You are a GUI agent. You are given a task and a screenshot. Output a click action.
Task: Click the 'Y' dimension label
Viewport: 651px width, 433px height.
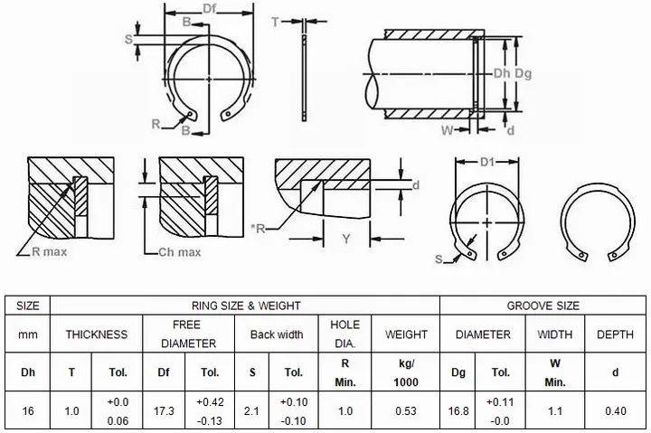pos(345,239)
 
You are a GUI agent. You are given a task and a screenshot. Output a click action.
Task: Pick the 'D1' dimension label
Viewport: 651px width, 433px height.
pos(488,163)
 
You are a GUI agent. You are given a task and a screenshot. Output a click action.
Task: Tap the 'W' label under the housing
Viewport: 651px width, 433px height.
pos(447,130)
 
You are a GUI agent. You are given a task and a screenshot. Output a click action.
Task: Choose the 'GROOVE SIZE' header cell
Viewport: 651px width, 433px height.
pos(542,306)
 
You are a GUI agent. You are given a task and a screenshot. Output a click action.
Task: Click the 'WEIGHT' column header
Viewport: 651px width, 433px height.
pos(407,334)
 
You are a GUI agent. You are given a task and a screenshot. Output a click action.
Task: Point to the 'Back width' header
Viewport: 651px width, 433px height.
pos(277,334)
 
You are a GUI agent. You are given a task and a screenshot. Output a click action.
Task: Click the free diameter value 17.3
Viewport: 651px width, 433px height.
pos(165,411)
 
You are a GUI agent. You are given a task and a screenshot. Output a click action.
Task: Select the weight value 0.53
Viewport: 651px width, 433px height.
pos(407,411)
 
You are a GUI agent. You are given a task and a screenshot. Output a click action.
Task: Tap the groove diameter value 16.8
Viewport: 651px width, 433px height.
pos(459,411)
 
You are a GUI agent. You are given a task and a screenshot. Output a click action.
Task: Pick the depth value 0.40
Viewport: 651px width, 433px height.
pos(615,411)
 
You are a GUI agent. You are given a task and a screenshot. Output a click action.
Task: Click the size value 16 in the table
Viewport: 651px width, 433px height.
pos(28,411)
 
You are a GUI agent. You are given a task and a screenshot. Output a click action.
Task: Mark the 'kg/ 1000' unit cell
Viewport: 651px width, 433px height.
pos(407,372)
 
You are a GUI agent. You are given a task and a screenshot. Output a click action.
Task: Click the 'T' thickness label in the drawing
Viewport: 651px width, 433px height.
pos(275,22)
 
